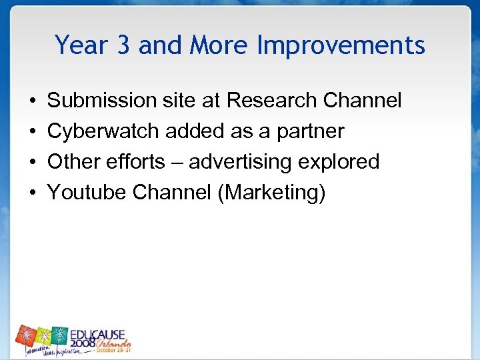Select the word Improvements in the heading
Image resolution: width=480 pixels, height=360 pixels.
341,46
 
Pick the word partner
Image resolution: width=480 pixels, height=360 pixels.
311,132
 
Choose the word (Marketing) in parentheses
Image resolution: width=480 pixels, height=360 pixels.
275,193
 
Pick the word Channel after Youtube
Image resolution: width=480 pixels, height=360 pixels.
175,193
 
